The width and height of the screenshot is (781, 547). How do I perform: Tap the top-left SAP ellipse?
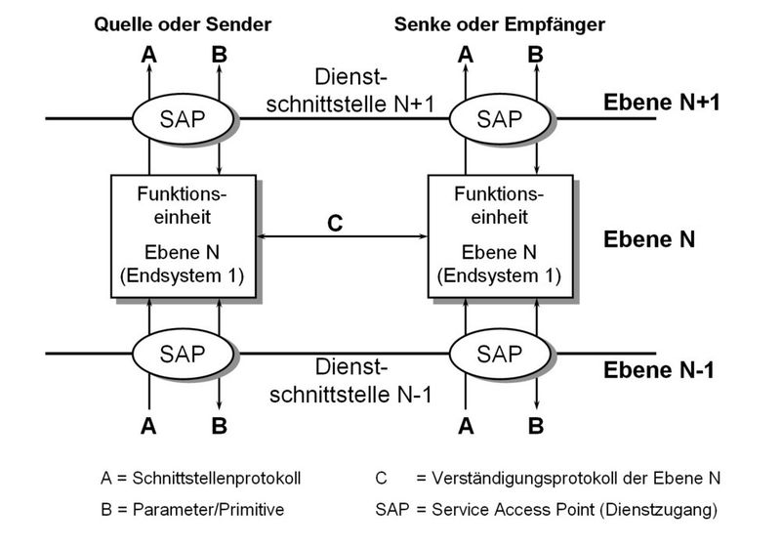pyautogui.click(x=184, y=119)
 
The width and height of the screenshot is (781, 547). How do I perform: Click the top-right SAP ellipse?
pyautogui.click(x=500, y=119)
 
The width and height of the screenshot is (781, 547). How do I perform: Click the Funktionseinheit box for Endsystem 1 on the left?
pyautogui.click(x=184, y=236)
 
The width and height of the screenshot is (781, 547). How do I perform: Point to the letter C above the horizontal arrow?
pyautogui.click(x=335, y=222)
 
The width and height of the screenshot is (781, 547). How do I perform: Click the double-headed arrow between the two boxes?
pyautogui.click(x=342, y=236)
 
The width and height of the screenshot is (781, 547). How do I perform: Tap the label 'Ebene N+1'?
pyautogui.click(x=662, y=102)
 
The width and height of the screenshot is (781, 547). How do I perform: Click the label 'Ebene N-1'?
pyautogui.click(x=660, y=370)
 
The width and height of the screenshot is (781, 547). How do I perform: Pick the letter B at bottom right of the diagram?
pyautogui.click(x=535, y=425)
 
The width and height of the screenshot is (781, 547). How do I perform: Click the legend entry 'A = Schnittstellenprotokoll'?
pyautogui.click(x=200, y=479)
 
